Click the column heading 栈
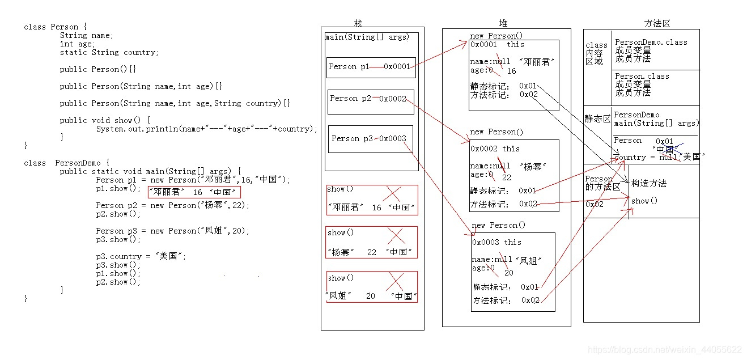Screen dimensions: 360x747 click(358, 23)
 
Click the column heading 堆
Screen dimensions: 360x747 click(503, 23)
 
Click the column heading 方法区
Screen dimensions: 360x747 click(657, 23)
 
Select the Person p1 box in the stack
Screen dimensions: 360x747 click(371, 67)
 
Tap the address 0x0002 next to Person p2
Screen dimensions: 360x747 click(393, 99)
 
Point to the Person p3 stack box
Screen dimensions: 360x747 click(370, 139)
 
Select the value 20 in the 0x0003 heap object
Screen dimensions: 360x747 click(509, 273)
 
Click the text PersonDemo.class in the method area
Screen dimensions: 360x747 click(651, 43)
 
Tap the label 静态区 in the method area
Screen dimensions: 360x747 click(597, 119)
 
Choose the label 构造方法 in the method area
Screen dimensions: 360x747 click(648, 184)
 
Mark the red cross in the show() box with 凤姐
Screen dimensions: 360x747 click(395, 282)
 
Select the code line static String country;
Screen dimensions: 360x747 click(109, 52)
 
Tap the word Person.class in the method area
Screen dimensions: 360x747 click(642, 76)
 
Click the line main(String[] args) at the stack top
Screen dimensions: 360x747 click(367, 37)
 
